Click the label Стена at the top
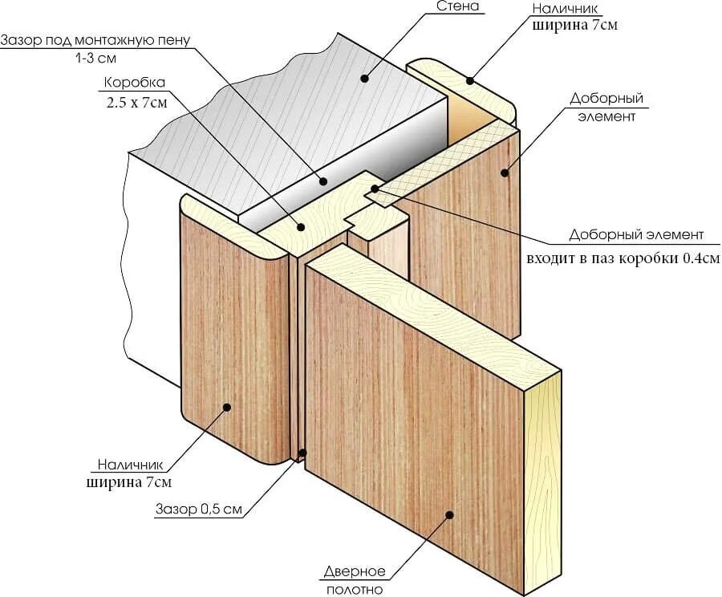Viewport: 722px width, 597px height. coord(458,7)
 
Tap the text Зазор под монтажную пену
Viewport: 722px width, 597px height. coord(95,40)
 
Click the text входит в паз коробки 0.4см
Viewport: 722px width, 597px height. coord(623,258)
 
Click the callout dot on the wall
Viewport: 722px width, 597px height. coord(364,79)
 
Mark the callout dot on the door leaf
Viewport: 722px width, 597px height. coord(449,515)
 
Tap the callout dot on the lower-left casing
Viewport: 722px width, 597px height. coord(227,408)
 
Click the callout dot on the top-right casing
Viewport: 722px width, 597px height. coord(470,80)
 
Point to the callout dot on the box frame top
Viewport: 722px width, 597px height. coord(302,227)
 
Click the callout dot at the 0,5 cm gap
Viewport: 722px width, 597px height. coord(302,453)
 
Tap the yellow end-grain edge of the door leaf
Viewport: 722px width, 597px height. coord(542,481)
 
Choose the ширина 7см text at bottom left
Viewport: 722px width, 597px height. coord(128,482)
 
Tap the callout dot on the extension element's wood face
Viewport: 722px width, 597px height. coord(505,171)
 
